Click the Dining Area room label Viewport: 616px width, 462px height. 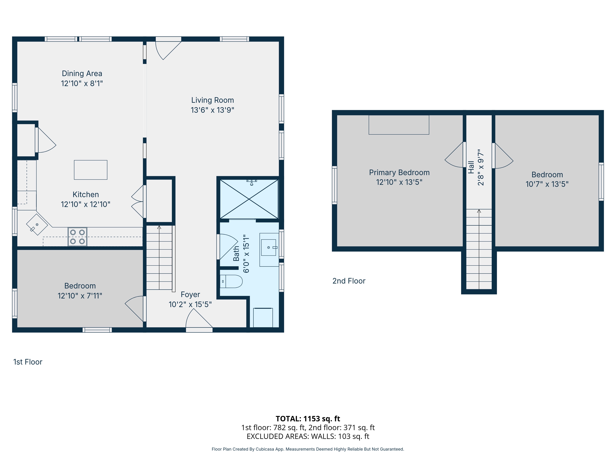point(82,73)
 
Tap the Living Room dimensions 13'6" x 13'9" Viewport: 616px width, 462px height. point(213,110)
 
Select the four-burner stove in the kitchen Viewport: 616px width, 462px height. point(77,237)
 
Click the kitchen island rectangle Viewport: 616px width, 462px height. point(91,170)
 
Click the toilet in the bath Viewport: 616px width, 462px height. point(231,281)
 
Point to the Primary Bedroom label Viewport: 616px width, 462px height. point(399,173)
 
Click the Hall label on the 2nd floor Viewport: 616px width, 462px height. point(471,167)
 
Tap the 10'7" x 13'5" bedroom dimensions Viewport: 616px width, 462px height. point(547,184)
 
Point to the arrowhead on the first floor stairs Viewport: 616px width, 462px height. point(159,227)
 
